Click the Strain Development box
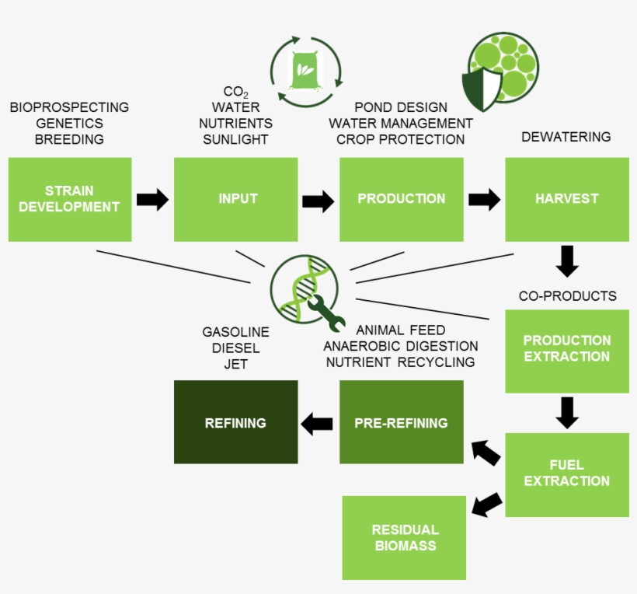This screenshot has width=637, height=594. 69,199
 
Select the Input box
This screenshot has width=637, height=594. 235,199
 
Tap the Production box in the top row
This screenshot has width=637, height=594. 401,199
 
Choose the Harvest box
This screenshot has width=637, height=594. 567,199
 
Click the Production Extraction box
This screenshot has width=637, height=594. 567,351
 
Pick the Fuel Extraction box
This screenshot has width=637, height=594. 567,474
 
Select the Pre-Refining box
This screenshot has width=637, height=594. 401,422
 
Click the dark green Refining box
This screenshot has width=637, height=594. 235,422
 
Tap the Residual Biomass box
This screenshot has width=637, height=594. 404,538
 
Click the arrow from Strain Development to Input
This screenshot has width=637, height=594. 152,199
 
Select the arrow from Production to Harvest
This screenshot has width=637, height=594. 485,199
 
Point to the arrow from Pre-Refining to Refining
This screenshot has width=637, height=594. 317,424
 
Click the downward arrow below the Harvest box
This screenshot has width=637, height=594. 568,261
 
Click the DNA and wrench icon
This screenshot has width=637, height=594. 305,289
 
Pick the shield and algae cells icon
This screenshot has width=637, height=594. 501,72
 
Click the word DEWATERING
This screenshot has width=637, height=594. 566,137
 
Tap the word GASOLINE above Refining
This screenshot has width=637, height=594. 235,333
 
